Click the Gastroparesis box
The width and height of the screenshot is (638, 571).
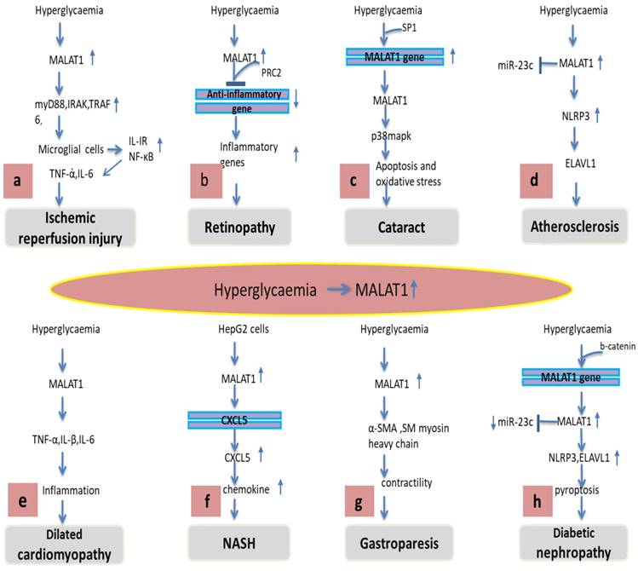pyautogui.click(x=395, y=543)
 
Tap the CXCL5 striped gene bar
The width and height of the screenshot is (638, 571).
pyautogui.click(x=234, y=418)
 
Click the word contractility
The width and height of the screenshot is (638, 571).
pyautogui.click(x=405, y=483)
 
